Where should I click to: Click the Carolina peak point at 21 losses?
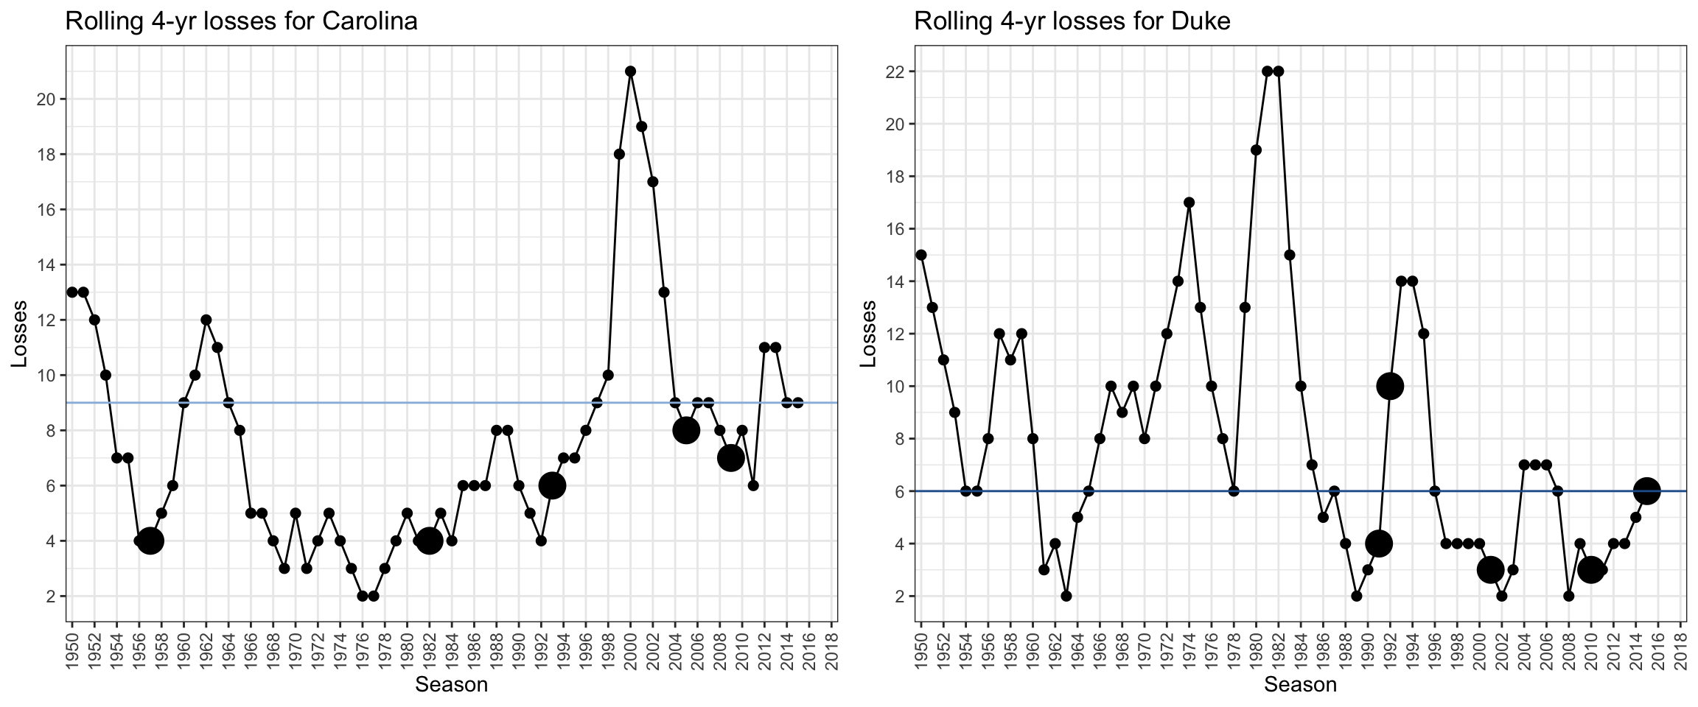point(630,71)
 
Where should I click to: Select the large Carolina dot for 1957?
point(150,541)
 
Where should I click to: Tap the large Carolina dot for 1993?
point(552,485)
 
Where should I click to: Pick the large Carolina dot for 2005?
point(686,430)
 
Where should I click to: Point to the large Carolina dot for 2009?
point(730,458)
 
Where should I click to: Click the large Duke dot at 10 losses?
point(1390,386)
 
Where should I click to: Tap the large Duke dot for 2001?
point(1490,569)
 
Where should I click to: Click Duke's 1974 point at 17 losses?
point(1189,203)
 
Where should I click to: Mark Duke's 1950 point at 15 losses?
point(920,255)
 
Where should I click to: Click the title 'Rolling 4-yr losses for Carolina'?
point(241,21)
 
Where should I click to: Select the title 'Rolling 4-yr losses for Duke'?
point(1072,21)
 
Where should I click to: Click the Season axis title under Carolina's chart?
point(451,685)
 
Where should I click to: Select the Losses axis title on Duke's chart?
point(869,334)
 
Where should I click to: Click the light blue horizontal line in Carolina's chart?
point(368,403)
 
